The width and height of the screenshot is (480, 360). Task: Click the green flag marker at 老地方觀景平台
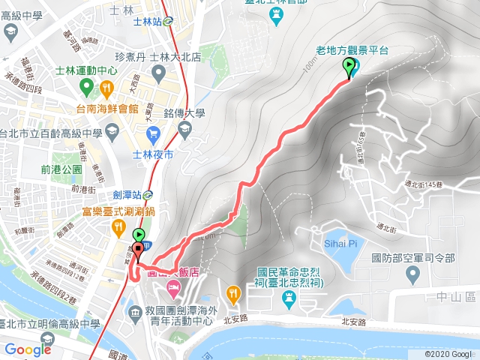tap(349, 67)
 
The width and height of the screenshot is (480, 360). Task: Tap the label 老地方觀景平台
tap(352, 50)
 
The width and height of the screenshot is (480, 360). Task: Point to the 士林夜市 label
tap(152, 154)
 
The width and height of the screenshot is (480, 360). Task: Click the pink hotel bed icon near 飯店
tap(174, 286)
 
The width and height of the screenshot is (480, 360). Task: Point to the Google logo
tap(28, 349)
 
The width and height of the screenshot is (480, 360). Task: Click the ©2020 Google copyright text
tap(448, 353)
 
